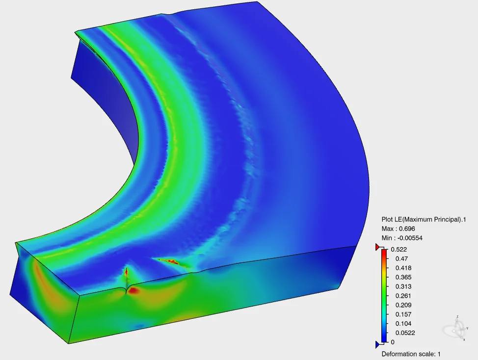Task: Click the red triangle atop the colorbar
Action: pyautogui.click(x=378, y=246)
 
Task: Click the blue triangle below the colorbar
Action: pyautogui.click(x=378, y=344)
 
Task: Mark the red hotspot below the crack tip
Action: pyautogui.click(x=134, y=291)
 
